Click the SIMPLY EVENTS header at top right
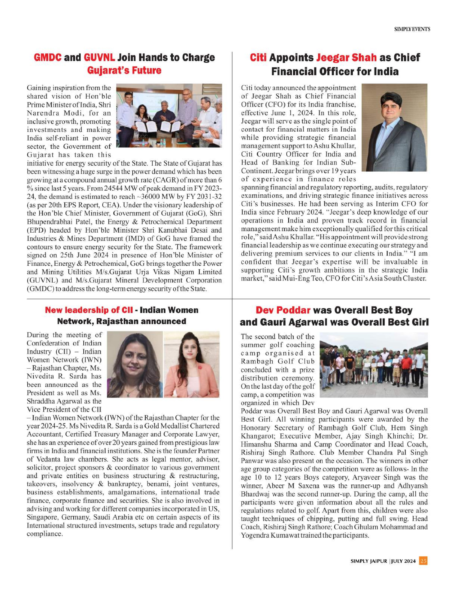(x=412, y=29)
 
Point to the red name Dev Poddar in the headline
(x=283, y=310)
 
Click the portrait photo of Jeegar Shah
(x=394, y=127)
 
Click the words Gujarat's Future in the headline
(x=124, y=71)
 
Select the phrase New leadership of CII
(x=89, y=310)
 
